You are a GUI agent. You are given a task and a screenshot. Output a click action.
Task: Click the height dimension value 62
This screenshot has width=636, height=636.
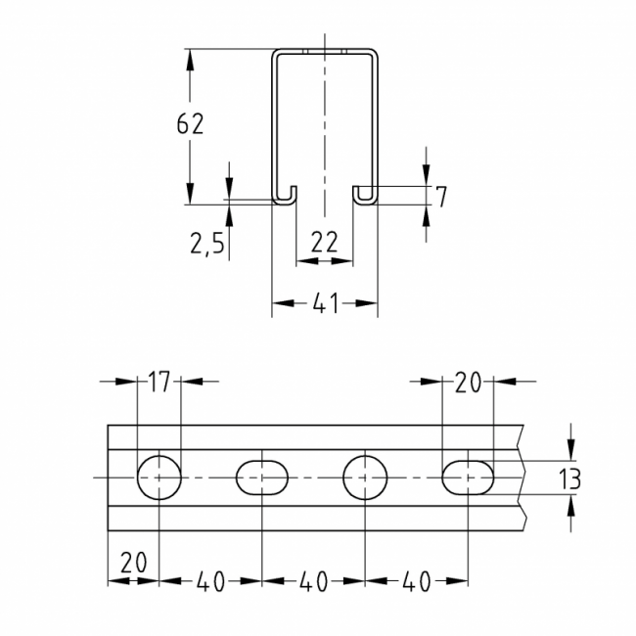pyautogui.click(x=190, y=125)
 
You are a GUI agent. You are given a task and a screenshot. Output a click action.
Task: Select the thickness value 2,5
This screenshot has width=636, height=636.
pyautogui.click(x=206, y=243)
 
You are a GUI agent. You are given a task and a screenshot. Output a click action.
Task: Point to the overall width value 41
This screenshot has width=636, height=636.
pyautogui.click(x=325, y=304)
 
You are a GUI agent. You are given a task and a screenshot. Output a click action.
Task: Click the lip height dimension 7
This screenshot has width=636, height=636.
pyautogui.click(x=441, y=197)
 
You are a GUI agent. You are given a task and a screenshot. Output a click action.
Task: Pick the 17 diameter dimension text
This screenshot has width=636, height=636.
pyautogui.click(x=159, y=383)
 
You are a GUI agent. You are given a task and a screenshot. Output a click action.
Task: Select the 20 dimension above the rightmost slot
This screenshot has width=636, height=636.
pyautogui.click(x=468, y=383)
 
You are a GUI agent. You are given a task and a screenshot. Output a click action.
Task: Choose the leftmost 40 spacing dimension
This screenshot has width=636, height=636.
pyautogui.click(x=210, y=581)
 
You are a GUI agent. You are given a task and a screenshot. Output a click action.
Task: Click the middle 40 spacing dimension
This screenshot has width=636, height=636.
pyautogui.click(x=312, y=581)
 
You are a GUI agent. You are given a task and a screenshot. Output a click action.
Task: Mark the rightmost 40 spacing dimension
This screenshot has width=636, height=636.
pyautogui.click(x=416, y=581)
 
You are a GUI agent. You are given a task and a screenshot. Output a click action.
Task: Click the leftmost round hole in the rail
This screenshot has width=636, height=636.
pyautogui.click(x=159, y=477)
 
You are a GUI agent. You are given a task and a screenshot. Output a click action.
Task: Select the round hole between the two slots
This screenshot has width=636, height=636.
pyautogui.click(x=364, y=477)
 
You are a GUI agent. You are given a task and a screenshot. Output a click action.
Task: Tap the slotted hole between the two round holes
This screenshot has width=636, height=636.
pyautogui.click(x=261, y=477)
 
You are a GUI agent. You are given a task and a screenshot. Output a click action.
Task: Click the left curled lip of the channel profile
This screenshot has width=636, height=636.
pyautogui.click(x=284, y=195)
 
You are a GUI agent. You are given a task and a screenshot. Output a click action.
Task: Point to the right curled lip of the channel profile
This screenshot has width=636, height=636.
pyautogui.click(x=365, y=195)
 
